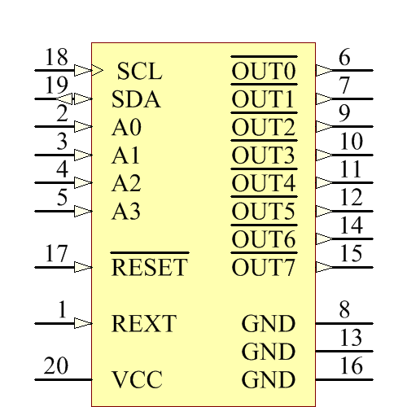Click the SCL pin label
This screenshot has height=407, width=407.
(139, 72)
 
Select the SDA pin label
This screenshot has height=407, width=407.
(136, 100)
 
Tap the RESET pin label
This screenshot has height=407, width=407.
(149, 267)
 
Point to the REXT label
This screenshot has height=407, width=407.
(143, 324)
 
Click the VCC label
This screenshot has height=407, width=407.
(137, 380)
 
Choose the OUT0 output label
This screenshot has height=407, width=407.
(264, 72)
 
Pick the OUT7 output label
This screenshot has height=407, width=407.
(264, 267)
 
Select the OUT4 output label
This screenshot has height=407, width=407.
(264, 183)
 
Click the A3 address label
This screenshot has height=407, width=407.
(126, 212)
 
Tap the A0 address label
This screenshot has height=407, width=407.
(126, 128)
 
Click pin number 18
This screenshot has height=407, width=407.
(56, 59)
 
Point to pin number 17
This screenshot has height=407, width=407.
(56, 254)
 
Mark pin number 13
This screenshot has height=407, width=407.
(351, 338)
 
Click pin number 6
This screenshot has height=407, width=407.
(344, 59)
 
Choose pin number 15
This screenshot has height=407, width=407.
(351, 254)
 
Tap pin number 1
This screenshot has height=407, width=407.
(62, 310)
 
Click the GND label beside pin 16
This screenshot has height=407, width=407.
(269, 380)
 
